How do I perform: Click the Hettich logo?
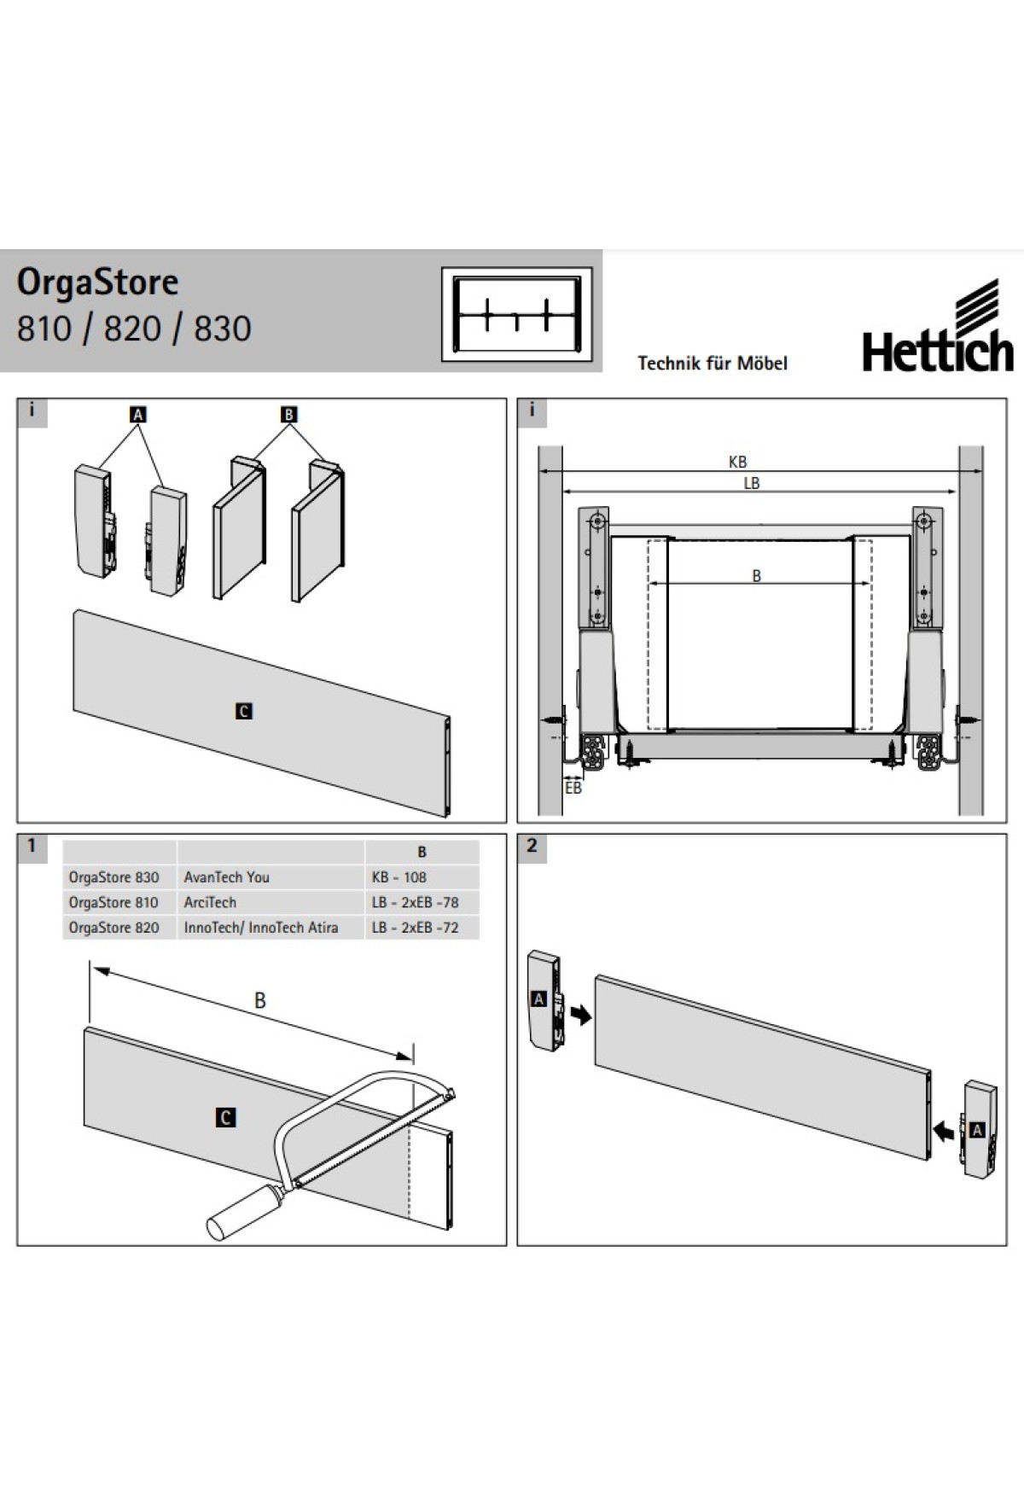tap(938, 325)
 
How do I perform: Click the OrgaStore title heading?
tap(98, 282)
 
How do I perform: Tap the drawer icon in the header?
tap(516, 313)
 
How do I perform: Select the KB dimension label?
tap(738, 462)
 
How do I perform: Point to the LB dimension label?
tap(751, 483)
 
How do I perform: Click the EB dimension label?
tap(573, 788)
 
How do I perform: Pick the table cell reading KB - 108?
tap(399, 876)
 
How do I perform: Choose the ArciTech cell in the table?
tap(210, 902)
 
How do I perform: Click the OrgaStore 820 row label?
tap(113, 928)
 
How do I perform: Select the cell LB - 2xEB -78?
tap(416, 902)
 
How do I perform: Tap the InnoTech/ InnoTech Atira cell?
tap(261, 928)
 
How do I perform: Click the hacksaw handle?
tap(244, 1211)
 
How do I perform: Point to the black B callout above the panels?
tap(288, 415)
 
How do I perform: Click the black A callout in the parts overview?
tap(137, 415)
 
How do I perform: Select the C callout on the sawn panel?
tap(225, 1117)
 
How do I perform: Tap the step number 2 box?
tap(532, 847)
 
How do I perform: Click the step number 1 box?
tap(32, 847)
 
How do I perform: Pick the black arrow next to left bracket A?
tap(581, 1015)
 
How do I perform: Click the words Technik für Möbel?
tap(713, 363)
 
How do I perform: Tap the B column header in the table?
tap(422, 852)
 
